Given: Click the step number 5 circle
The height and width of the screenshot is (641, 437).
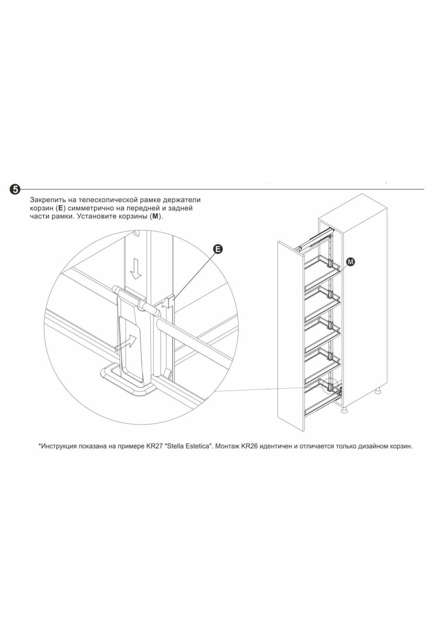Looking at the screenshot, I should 15,189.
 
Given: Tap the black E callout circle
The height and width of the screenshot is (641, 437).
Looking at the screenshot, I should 218,249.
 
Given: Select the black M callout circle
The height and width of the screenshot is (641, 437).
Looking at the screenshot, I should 351,261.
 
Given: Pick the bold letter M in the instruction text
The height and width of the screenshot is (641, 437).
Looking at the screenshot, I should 154,216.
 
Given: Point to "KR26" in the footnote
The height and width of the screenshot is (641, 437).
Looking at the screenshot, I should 249,446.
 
